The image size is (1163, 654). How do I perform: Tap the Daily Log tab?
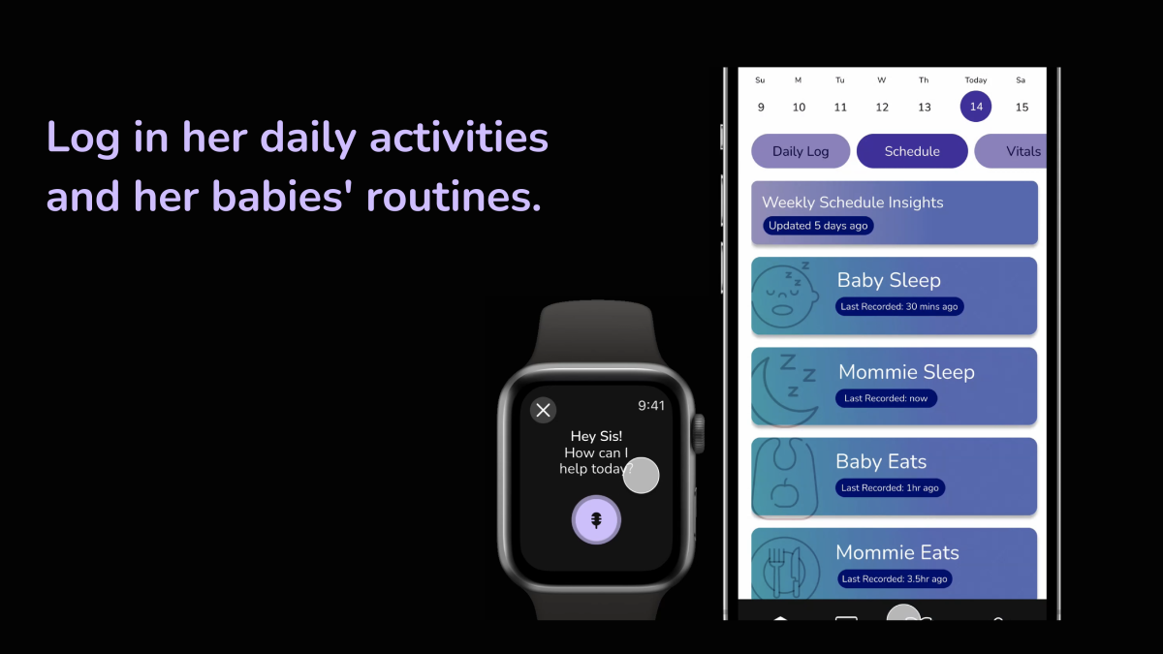click(x=801, y=151)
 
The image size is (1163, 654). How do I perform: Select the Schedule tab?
click(x=912, y=151)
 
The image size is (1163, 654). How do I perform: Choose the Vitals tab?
click(x=1011, y=151)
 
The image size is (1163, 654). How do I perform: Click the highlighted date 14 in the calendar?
click(x=976, y=107)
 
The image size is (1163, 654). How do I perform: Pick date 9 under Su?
click(x=761, y=107)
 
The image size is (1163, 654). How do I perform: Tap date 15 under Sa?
click(x=1022, y=107)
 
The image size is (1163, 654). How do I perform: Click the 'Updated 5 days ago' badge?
click(x=818, y=226)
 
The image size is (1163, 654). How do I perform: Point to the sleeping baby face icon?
click(x=785, y=296)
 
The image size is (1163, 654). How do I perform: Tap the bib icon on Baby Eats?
click(x=785, y=478)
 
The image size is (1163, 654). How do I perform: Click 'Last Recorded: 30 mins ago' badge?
click(x=899, y=307)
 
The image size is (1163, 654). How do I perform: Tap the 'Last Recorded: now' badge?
click(x=886, y=398)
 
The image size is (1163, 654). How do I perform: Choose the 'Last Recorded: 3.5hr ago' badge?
click(x=894, y=578)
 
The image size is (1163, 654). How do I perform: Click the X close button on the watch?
click(x=543, y=410)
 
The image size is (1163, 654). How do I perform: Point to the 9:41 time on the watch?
click(x=651, y=405)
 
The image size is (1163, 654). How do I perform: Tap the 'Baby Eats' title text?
click(x=881, y=461)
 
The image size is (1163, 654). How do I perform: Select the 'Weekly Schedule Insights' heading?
click(x=853, y=202)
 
